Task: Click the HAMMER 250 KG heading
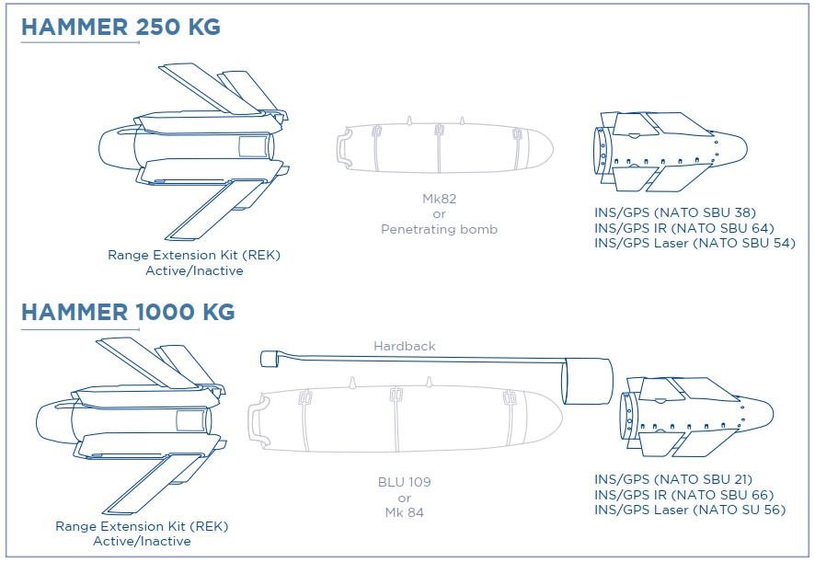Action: (121, 27)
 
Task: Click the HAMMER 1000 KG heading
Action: (128, 312)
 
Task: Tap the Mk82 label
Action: (439, 199)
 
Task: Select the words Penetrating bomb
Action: (439, 229)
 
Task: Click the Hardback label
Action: (405, 346)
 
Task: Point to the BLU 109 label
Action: (405, 482)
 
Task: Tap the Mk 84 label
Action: (405, 512)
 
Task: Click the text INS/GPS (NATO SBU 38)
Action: (675, 212)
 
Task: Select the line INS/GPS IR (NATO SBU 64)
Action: (684, 228)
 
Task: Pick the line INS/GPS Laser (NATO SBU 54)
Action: (694, 244)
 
